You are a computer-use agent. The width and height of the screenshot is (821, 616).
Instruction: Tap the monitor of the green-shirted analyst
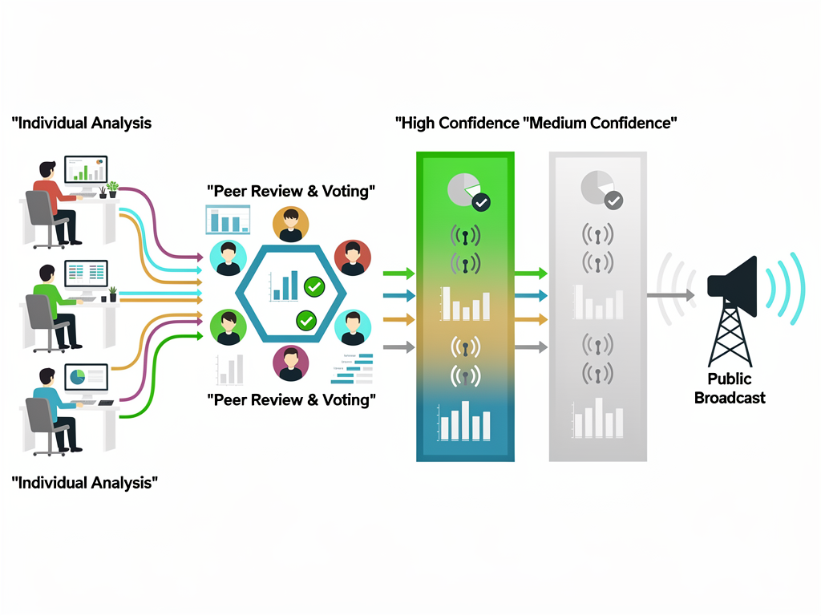pyautogui.click(x=86, y=274)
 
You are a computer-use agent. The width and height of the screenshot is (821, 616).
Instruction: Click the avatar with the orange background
pyautogui.click(x=290, y=224)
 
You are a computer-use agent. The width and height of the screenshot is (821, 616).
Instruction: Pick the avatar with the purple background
pyautogui.click(x=290, y=363)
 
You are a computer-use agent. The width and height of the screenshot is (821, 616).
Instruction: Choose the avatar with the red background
pyautogui.click(x=352, y=257)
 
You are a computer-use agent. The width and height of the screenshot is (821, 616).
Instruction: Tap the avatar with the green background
pyautogui.click(x=229, y=328)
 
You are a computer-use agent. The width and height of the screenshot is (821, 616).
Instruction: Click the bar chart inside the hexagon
pyautogui.click(x=285, y=286)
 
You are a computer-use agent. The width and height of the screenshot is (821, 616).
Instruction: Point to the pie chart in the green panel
pyautogui.click(x=463, y=189)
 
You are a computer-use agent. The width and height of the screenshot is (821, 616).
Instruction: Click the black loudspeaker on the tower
pyautogui.click(x=734, y=287)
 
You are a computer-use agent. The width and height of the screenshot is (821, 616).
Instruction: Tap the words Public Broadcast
pyautogui.click(x=730, y=388)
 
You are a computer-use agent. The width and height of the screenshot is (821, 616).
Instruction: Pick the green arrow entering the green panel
pyautogui.click(x=398, y=274)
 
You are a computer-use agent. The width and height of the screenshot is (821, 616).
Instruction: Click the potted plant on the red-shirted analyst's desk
pyautogui.click(x=112, y=189)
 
